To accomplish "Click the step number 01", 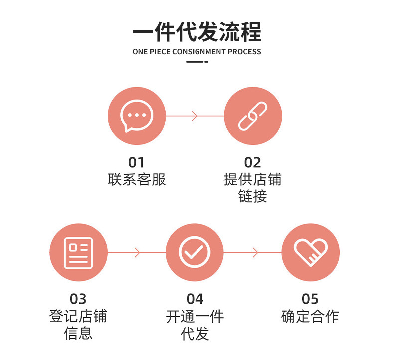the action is click(x=136, y=162).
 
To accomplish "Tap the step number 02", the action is click(x=252, y=162).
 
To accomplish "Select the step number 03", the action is click(x=78, y=299).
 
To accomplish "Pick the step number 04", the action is click(x=195, y=299).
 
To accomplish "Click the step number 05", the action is click(x=310, y=299).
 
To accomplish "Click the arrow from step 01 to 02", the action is click(x=195, y=116).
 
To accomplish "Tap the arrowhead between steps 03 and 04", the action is click(x=138, y=252).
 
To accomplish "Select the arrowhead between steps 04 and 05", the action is click(x=255, y=252).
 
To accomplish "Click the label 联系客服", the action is click(x=137, y=180).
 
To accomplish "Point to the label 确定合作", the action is click(x=310, y=316).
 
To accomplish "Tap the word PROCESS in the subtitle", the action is click(x=244, y=52).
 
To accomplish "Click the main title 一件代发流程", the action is click(x=197, y=32).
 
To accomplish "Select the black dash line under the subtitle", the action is click(x=197, y=62).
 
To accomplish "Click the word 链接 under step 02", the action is click(x=252, y=196).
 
